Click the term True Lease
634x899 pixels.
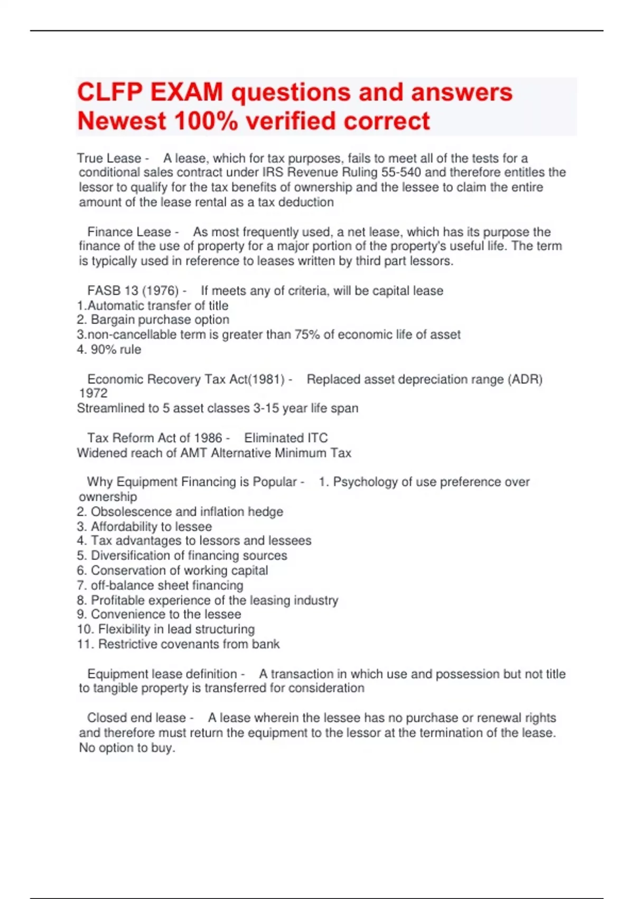tap(109, 158)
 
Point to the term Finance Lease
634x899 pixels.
tap(129, 232)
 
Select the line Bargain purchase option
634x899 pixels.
tap(160, 319)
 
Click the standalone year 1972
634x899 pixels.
tap(93, 393)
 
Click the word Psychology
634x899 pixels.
tap(365, 482)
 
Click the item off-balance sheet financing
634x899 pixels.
tap(167, 585)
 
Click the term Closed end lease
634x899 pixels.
tap(136, 718)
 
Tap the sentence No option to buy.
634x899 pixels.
tap(127, 748)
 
